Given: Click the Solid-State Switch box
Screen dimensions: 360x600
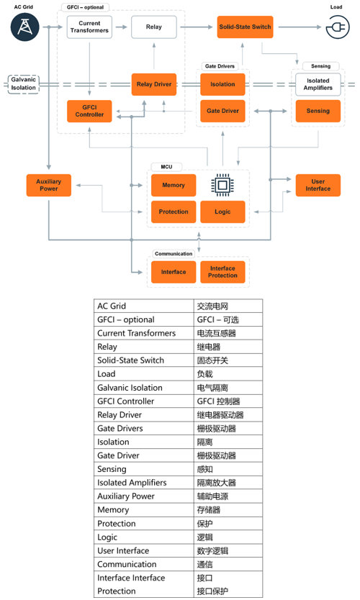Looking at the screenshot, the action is coord(245,27).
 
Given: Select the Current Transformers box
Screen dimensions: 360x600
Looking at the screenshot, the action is coord(89,27).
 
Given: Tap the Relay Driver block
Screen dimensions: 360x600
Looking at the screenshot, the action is coord(154,84).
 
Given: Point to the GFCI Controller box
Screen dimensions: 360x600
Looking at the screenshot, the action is coord(89,111).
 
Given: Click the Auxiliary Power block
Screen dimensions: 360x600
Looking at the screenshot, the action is coord(49,185).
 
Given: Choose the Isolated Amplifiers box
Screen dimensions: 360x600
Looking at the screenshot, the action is coord(318,84).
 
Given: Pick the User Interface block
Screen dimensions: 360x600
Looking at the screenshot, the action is coord(318,185).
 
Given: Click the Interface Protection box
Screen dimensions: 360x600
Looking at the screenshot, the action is coord(222,272).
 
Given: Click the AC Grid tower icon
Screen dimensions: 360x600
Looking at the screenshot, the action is coord(25,27).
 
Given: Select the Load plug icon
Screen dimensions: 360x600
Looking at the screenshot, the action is coord(338,27).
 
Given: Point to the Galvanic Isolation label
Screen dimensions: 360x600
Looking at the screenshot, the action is coord(23,83).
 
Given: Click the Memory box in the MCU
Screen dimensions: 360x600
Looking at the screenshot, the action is coord(174,185).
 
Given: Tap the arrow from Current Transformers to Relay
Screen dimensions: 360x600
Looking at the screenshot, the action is coord(121,27).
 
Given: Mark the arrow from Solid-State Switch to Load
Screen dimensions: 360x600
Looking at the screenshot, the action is coord(300,27).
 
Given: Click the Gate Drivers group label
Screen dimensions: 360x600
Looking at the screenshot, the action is coord(220,66).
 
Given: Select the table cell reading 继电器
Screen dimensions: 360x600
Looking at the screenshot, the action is coord(209,347).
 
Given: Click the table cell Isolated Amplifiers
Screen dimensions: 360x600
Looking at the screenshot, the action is coord(132,483).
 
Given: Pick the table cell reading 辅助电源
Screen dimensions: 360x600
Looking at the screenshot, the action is coord(212,496).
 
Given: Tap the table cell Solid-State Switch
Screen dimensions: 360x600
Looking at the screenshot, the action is coord(130,360).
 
